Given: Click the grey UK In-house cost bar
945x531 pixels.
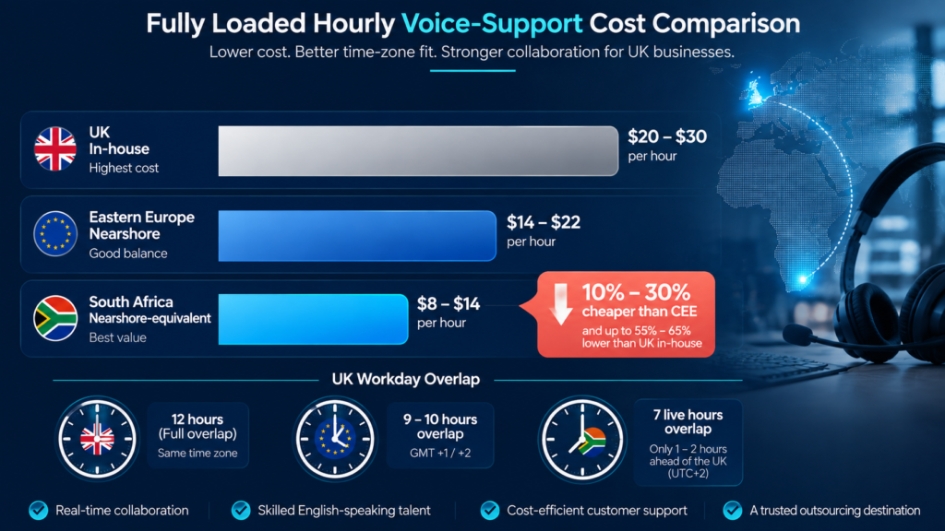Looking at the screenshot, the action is click(418, 151).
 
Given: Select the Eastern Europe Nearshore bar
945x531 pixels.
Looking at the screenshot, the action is click(357, 235).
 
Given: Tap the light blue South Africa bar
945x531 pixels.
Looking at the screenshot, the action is click(314, 319).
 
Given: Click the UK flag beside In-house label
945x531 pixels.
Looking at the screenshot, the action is click(55, 148).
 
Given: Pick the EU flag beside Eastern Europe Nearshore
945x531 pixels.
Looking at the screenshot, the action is click(55, 233).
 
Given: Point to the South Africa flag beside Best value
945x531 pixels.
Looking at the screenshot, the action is click(55, 318).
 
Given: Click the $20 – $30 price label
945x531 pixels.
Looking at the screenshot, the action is click(667, 136).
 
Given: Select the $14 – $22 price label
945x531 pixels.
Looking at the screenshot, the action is click(544, 222).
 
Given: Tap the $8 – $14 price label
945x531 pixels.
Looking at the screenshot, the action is click(449, 303).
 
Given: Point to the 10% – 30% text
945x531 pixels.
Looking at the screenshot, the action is click(637, 292).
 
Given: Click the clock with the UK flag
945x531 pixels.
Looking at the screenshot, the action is click(97, 438).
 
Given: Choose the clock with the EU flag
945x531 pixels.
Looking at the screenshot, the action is click(335, 438).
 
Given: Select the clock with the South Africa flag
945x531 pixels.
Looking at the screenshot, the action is click(581, 438).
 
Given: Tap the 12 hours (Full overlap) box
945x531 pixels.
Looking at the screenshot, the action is click(197, 435).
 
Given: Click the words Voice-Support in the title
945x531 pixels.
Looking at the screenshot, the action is click(492, 23).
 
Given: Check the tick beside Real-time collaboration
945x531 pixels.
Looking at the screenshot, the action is click(39, 511).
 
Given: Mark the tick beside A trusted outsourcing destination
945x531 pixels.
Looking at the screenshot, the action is click(733, 511).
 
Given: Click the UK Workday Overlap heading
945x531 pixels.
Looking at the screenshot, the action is click(406, 379).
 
